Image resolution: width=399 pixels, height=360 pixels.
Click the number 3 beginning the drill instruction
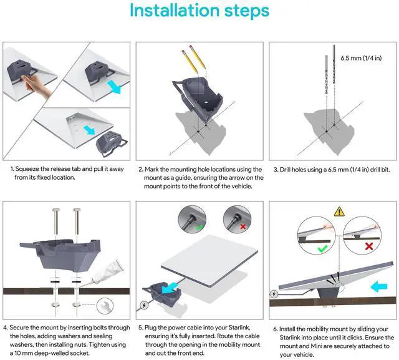coord(275,169)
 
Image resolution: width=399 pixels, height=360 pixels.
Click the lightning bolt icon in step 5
coord(145,306)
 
